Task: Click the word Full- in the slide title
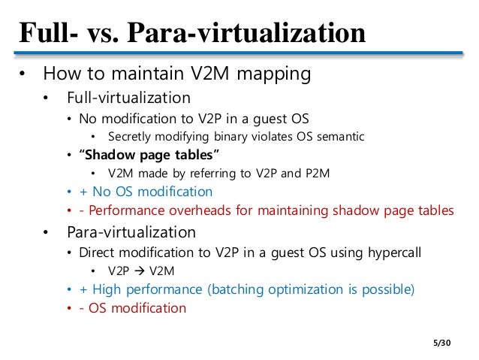pyautogui.click(x=47, y=32)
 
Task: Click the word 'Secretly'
pyautogui.click(x=131, y=136)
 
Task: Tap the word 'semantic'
pyautogui.click(x=339, y=136)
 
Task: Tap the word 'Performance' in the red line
pyautogui.click(x=124, y=211)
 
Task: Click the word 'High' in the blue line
pyautogui.click(x=110, y=289)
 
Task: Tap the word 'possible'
pyautogui.click(x=387, y=289)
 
